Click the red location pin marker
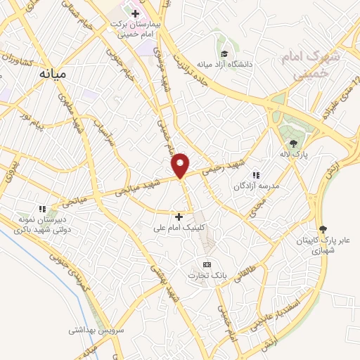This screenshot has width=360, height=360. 181,165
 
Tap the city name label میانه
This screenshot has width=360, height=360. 53,72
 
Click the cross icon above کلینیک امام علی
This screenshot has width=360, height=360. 179,217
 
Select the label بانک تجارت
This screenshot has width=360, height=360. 207,276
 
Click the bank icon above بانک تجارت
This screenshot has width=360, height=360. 206,264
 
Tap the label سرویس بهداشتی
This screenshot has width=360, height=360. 96,329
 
